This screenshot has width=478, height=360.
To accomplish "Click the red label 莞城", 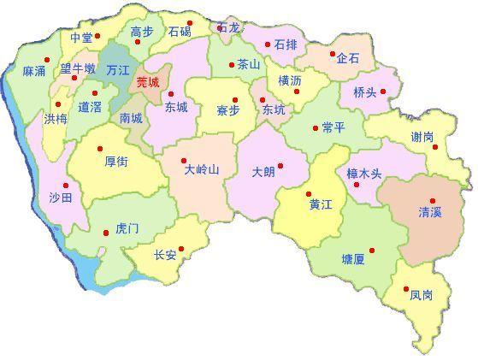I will (x=147, y=83).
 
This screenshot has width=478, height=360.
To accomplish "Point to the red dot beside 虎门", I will (x=105, y=230).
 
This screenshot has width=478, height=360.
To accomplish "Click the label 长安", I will (x=165, y=255).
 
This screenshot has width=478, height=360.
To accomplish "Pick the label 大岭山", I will (x=202, y=169).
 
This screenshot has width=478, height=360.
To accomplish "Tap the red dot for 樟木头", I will (x=356, y=184).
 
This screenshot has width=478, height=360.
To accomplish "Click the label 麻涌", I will (x=34, y=71).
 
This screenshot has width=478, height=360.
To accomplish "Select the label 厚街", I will (x=116, y=160).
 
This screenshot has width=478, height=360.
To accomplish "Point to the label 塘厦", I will (x=352, y=258).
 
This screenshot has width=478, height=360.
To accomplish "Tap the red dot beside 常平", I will (x=313, y=128).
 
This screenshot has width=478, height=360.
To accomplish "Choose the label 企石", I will (x=348, y=59).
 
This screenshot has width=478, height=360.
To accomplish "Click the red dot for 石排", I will (x=268, y=44).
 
